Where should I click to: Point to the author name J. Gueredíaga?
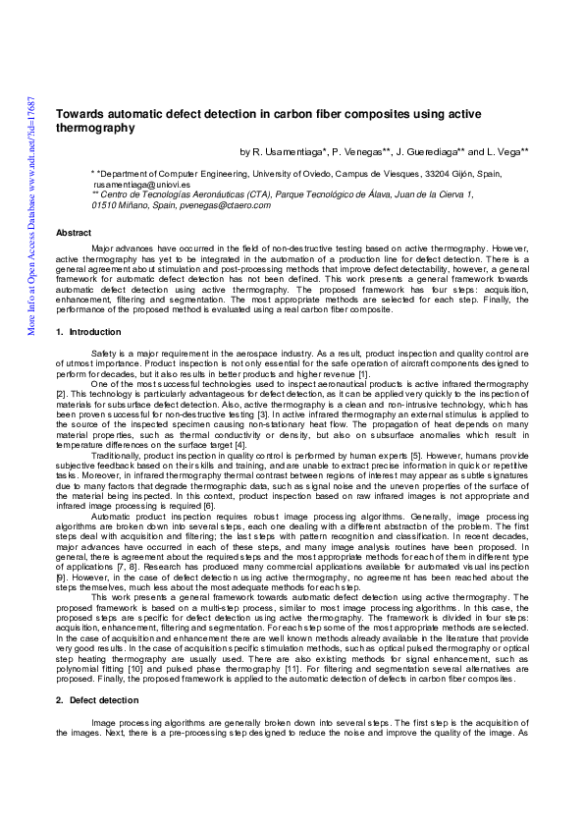(x=428, y=152)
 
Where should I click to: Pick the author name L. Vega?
(x=504, y=152)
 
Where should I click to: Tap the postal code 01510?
(x=103, y=204)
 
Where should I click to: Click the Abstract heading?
(x=74, y=233)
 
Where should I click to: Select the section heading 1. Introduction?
(x=88, y=333)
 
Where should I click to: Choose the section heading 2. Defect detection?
(x=97, y=699)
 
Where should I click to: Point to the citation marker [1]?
(x=363, y=374)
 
